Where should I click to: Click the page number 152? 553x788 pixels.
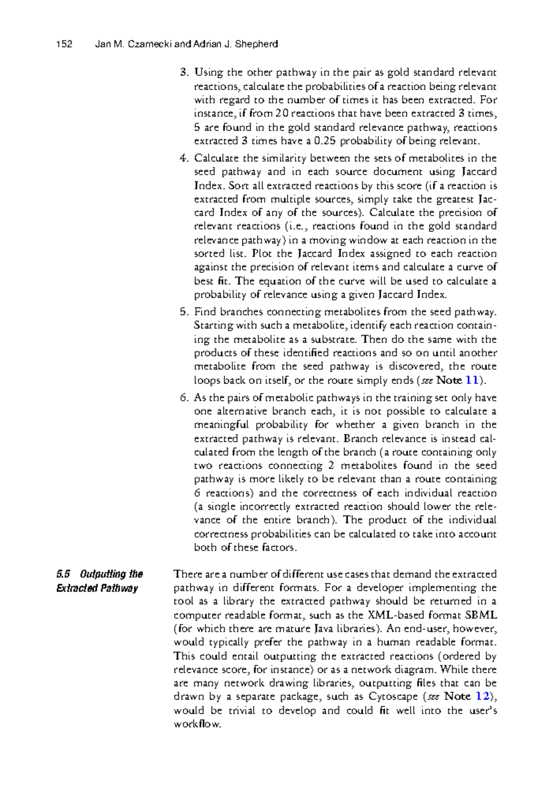(x=64, y=44)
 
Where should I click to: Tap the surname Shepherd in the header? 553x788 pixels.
(x=256, y=44)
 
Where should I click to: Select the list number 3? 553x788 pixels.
(x=184, y=72)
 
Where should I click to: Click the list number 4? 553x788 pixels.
(x=184, y=158)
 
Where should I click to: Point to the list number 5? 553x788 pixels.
(x=184, y=312)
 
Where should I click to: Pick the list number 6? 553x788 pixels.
(x=184, y=398)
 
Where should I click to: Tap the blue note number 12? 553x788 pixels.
(x=482, y=696)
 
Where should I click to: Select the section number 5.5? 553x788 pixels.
(x=63, y=574)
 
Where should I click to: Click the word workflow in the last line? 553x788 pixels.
(x=197, y=724)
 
